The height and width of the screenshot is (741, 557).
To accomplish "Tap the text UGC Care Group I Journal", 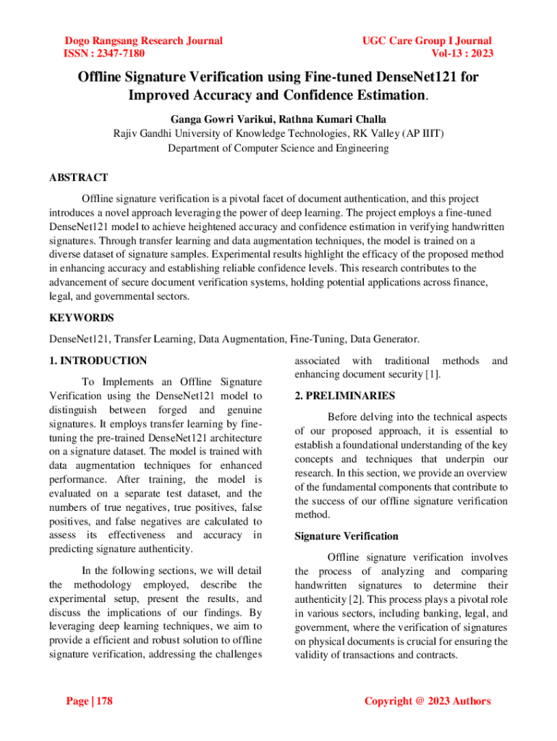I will pos(427,41).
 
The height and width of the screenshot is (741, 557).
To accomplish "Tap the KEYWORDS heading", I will pos(81,318).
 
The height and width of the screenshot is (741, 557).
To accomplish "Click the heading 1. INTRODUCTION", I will pos(98,360).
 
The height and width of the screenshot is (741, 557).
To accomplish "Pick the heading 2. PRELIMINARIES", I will pos(344,396).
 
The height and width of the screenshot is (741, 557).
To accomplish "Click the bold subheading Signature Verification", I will pos(346,536).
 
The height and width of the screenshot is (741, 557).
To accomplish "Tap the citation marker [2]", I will pos(355,599).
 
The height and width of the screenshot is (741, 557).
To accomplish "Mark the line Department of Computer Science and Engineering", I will pos(278,148).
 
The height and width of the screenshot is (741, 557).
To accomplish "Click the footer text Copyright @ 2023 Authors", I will pos(428,700).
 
